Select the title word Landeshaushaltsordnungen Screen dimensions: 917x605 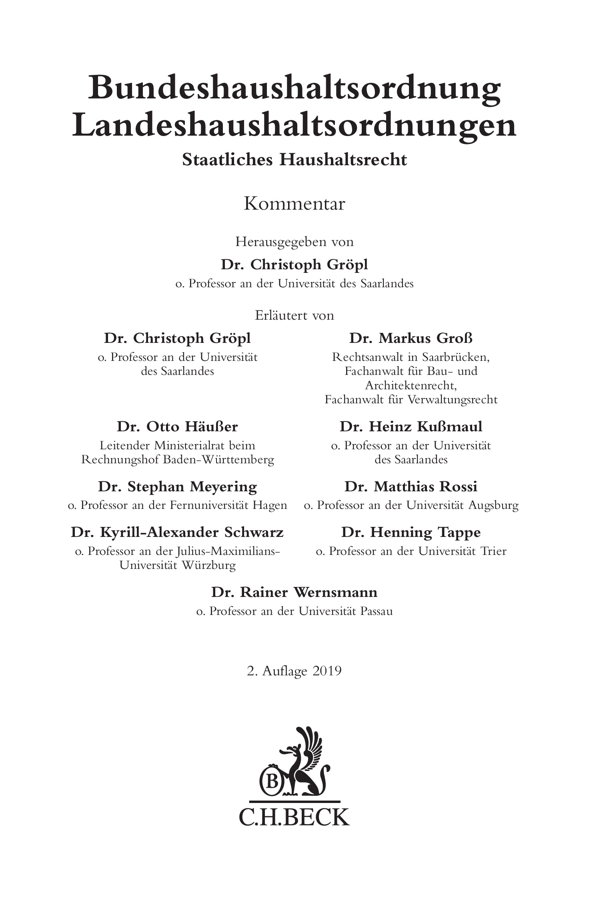click(x=294, y=125)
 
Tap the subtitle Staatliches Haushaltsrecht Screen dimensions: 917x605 click(x=294, y=160)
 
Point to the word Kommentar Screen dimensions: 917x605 click(x=294, y=204)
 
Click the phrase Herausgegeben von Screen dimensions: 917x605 click(x=294, y=242)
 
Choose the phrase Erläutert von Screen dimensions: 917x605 click(x=294, y=315)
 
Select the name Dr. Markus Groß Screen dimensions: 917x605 click(x=411, y=338)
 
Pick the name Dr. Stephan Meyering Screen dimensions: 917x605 click(x=177, y=487)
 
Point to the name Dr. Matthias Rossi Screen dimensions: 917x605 click(x=411, y=487)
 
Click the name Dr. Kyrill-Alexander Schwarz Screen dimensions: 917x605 click(x=177, y=533)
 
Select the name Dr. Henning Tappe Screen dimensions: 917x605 click(x=411, y=533)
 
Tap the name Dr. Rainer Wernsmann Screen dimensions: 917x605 click(x=294, y=592)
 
